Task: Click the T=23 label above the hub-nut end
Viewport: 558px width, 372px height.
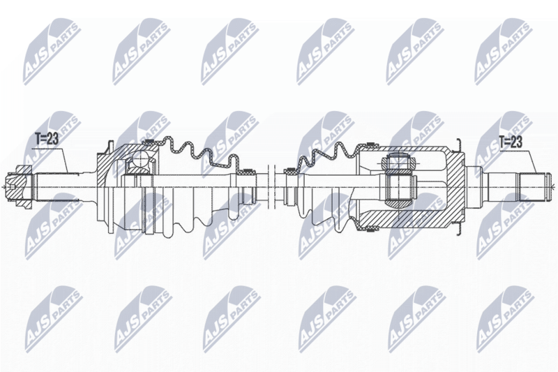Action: [46, 139]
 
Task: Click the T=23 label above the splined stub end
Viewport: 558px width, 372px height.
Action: [511, 142]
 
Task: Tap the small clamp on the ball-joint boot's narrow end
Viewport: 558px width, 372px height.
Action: [248, 172]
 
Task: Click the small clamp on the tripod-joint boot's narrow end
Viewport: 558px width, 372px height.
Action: [291, 172]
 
